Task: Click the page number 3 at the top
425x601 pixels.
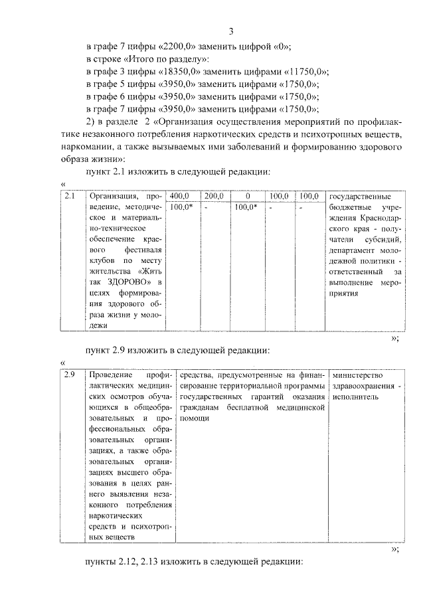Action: [230, 31]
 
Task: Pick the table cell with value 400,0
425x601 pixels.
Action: [180, 197]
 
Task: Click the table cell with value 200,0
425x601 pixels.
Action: [213, 197]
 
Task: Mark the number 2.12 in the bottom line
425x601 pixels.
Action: [133, 563]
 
